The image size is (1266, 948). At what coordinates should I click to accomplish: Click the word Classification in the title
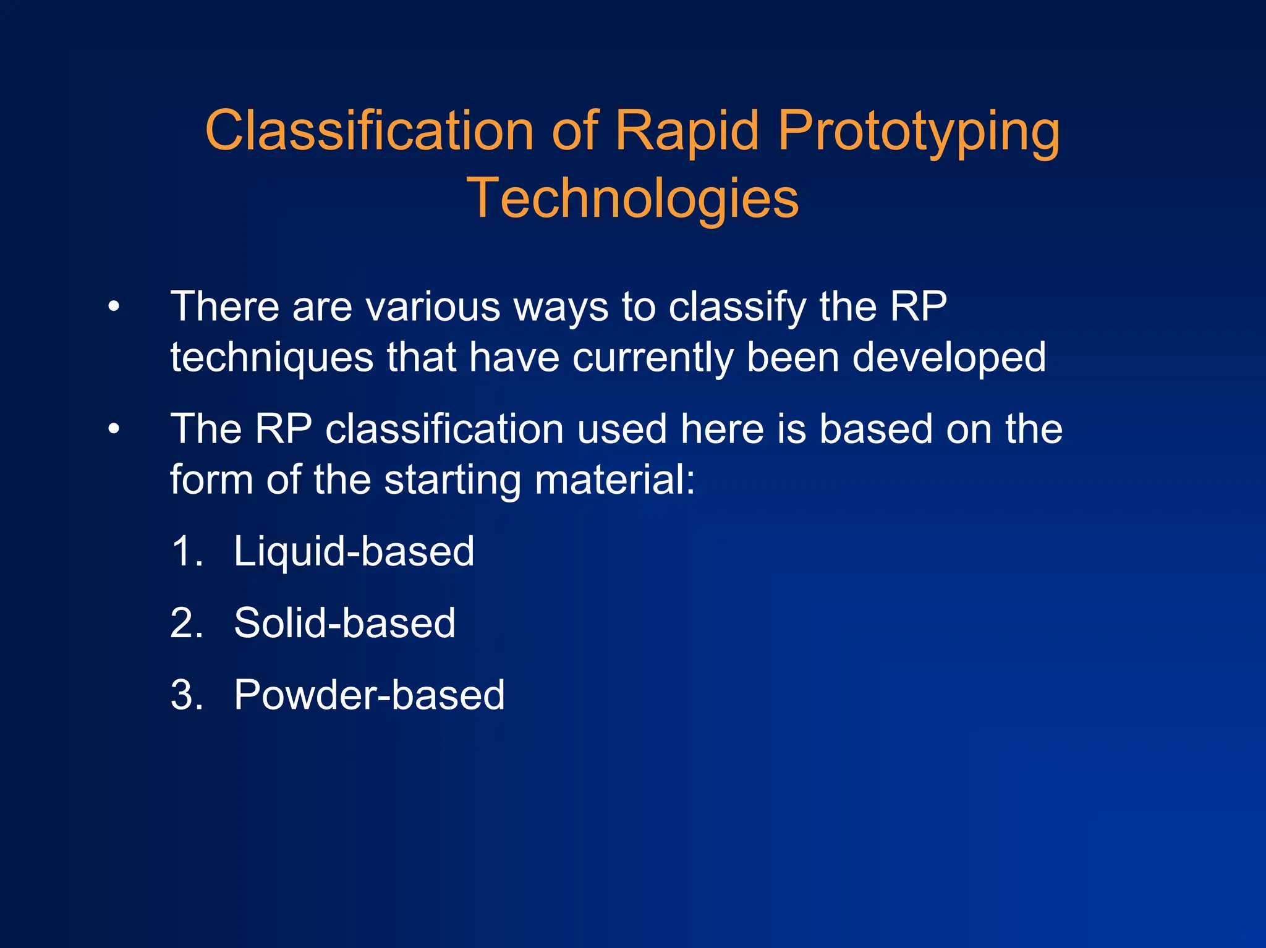coord(369,131)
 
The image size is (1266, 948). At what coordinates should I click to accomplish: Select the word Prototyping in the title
coord(919,131)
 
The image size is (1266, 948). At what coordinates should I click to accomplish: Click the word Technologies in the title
coord(632,198)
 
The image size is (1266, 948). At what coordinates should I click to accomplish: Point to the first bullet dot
coord(113,307)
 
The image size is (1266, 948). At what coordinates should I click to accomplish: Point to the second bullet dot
coord(113,429)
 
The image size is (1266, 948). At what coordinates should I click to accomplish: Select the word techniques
coord(272,358)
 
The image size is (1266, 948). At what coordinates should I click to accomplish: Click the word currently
coord(653,358)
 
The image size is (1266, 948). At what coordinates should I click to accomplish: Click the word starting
coord(452,481)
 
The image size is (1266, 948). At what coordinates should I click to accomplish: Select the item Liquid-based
coord(354,551)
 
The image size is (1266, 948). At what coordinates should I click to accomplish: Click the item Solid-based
coord(344,623)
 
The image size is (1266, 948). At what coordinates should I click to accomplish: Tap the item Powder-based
coord(369,695)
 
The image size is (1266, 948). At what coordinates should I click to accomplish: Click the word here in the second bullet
coord(721,429)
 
